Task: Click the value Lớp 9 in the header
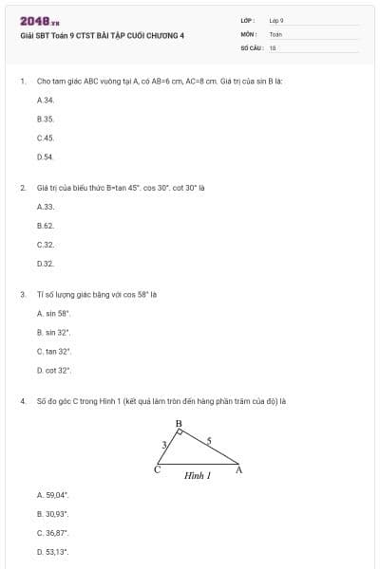coord(276,19)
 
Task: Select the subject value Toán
coord(275,33)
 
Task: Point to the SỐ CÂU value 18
coord(273,46)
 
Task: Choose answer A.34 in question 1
coord(45,100)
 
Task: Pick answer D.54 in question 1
coord(45,156)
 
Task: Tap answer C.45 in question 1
coord(45,138)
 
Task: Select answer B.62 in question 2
coord(45,225)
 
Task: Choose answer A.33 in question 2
coord(45,206)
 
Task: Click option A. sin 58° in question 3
coord(54,313)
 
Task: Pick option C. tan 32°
coord(54,351)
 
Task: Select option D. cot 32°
coord(54,370)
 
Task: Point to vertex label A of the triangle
coord(237,470)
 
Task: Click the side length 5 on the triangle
coord(210,440)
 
